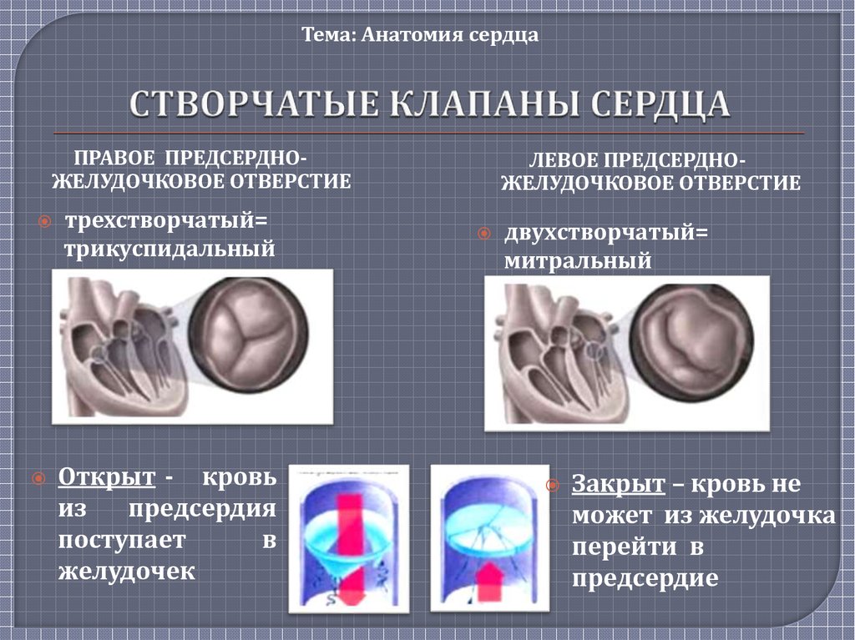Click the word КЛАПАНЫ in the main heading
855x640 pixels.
click(x=483, y=103)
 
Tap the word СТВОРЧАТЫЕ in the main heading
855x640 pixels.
click(x=254, y=103)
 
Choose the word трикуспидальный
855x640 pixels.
click(x=169, y=249)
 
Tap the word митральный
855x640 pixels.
click(x=578, y=260)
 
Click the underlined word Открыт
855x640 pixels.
click(x=107, y=476)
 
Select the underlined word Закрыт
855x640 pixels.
click(x=619, y=484)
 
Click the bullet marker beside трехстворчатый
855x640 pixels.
click(x=45, y=221)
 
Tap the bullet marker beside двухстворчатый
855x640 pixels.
click(x=483, y=234)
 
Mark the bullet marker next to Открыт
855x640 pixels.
click(x=38, y=479)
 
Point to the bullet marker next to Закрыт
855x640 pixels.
click(x=553, y=485)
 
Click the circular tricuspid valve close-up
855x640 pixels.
click(x=249, y=335)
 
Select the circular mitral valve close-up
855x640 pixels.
click(x=693, y=342)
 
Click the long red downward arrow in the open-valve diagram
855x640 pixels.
click(x=350, y=548)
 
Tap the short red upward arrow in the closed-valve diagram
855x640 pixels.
click(x=489, y=582)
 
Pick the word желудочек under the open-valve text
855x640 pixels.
click(x=127, y=572)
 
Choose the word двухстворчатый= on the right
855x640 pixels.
click(x=606, y=234)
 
